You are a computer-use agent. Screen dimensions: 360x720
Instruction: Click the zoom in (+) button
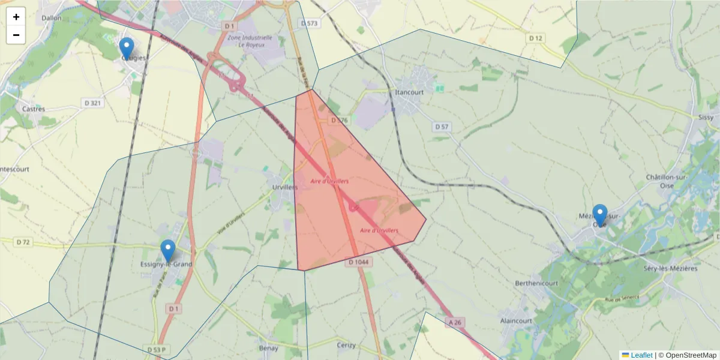point(16,17)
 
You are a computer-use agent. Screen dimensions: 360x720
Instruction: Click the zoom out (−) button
point(16,35)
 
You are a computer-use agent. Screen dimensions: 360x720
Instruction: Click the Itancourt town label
point(410,92)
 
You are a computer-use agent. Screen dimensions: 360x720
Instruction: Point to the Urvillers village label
point(284,187)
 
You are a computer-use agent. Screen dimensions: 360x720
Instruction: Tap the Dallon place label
point(52,18)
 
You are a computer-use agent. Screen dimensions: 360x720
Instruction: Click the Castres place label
point(34,109)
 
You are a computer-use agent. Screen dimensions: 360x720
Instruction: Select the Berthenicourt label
point(536,283)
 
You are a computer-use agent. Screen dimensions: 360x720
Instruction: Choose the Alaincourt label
point(517,321)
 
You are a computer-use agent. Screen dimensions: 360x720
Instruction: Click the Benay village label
point(268,348)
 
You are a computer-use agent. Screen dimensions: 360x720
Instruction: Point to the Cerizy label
point(346,345)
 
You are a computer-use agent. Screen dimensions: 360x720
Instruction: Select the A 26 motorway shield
point(455,323)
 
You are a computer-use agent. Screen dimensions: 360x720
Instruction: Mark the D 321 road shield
point(93,103)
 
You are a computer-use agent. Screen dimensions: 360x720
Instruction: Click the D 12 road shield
point(535,38)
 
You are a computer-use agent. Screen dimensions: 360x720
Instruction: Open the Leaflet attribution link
point(641,355)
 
